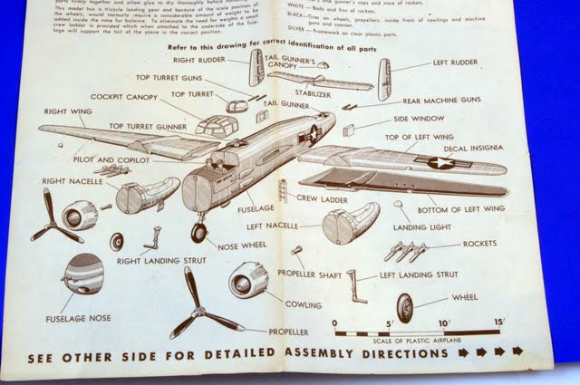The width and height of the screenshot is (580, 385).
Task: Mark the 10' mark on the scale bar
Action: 444,323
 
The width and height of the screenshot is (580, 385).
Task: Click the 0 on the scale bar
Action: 334,322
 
